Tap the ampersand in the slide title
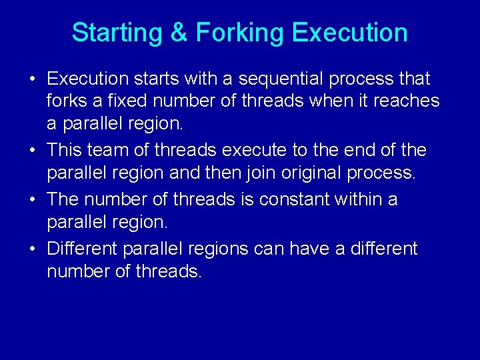pos(179,33)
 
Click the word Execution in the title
pos(349,33)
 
